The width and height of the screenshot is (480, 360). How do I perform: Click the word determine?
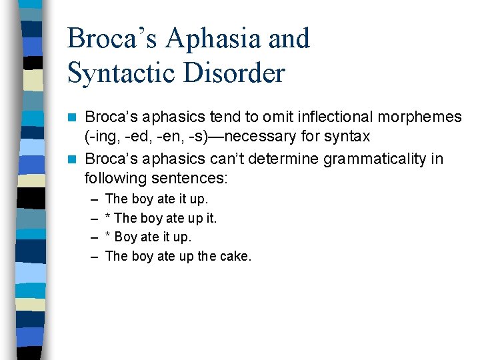coord(287,159)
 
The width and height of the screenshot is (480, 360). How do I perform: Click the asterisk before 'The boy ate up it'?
coord(109,217)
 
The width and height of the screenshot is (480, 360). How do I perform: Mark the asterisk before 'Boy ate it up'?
coord(109,237)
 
